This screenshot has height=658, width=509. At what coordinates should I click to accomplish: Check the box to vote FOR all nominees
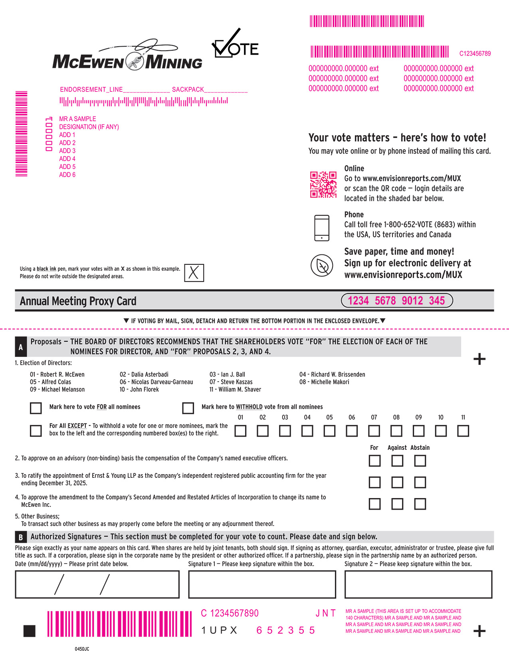tap(36, 408)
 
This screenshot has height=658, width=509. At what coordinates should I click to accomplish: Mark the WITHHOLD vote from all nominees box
tap(188, 408)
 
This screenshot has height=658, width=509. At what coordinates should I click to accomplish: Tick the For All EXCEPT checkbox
tap(36, 431)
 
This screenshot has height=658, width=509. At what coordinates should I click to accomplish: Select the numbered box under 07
tap(374, 431)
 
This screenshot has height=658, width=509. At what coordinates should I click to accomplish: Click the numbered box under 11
tap(463, 431)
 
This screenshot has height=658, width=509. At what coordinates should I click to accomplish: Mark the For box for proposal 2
tap(374, 461)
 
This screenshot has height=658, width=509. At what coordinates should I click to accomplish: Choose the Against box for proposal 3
tap(397, 483)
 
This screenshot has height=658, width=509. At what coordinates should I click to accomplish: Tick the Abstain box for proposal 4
tap(420, 504)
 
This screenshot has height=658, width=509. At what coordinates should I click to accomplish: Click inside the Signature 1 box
tap(262, 584)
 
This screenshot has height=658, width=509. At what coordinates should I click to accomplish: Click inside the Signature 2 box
tap(418, 584)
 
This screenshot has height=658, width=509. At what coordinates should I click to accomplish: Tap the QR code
tap(323, 185)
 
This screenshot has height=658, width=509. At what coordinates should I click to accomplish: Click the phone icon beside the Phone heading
tap(322, 228)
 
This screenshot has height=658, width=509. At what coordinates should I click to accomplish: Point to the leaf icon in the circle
tap(322, 265)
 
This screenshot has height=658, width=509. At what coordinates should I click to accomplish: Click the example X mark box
tap(194, 272)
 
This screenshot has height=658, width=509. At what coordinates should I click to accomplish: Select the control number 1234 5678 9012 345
tap(397, 300)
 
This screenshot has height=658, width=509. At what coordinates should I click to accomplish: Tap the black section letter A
tap(21, 347)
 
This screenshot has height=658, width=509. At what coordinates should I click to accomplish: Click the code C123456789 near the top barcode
tap(475, 53)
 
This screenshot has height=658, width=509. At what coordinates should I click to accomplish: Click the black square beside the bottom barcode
tap(30, 631)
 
